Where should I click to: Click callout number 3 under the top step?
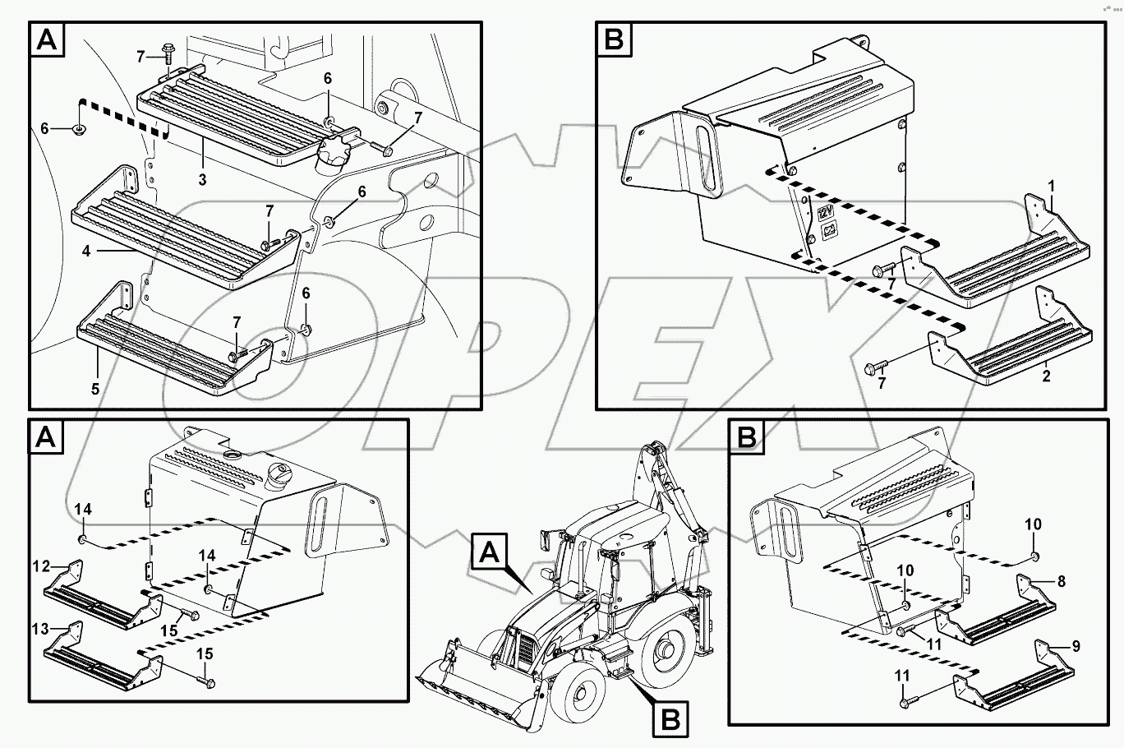(202, 178)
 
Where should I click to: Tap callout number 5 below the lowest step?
(95, 388)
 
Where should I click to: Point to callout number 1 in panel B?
(1053, 187)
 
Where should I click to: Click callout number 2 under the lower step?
(1046, 376)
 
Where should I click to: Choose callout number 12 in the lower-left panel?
(41, 566)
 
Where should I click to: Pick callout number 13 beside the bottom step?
(40, 630)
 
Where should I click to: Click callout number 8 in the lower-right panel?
(1061, 582)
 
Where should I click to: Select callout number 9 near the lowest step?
(1076, 645)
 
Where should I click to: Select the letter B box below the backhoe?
(670, 721)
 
